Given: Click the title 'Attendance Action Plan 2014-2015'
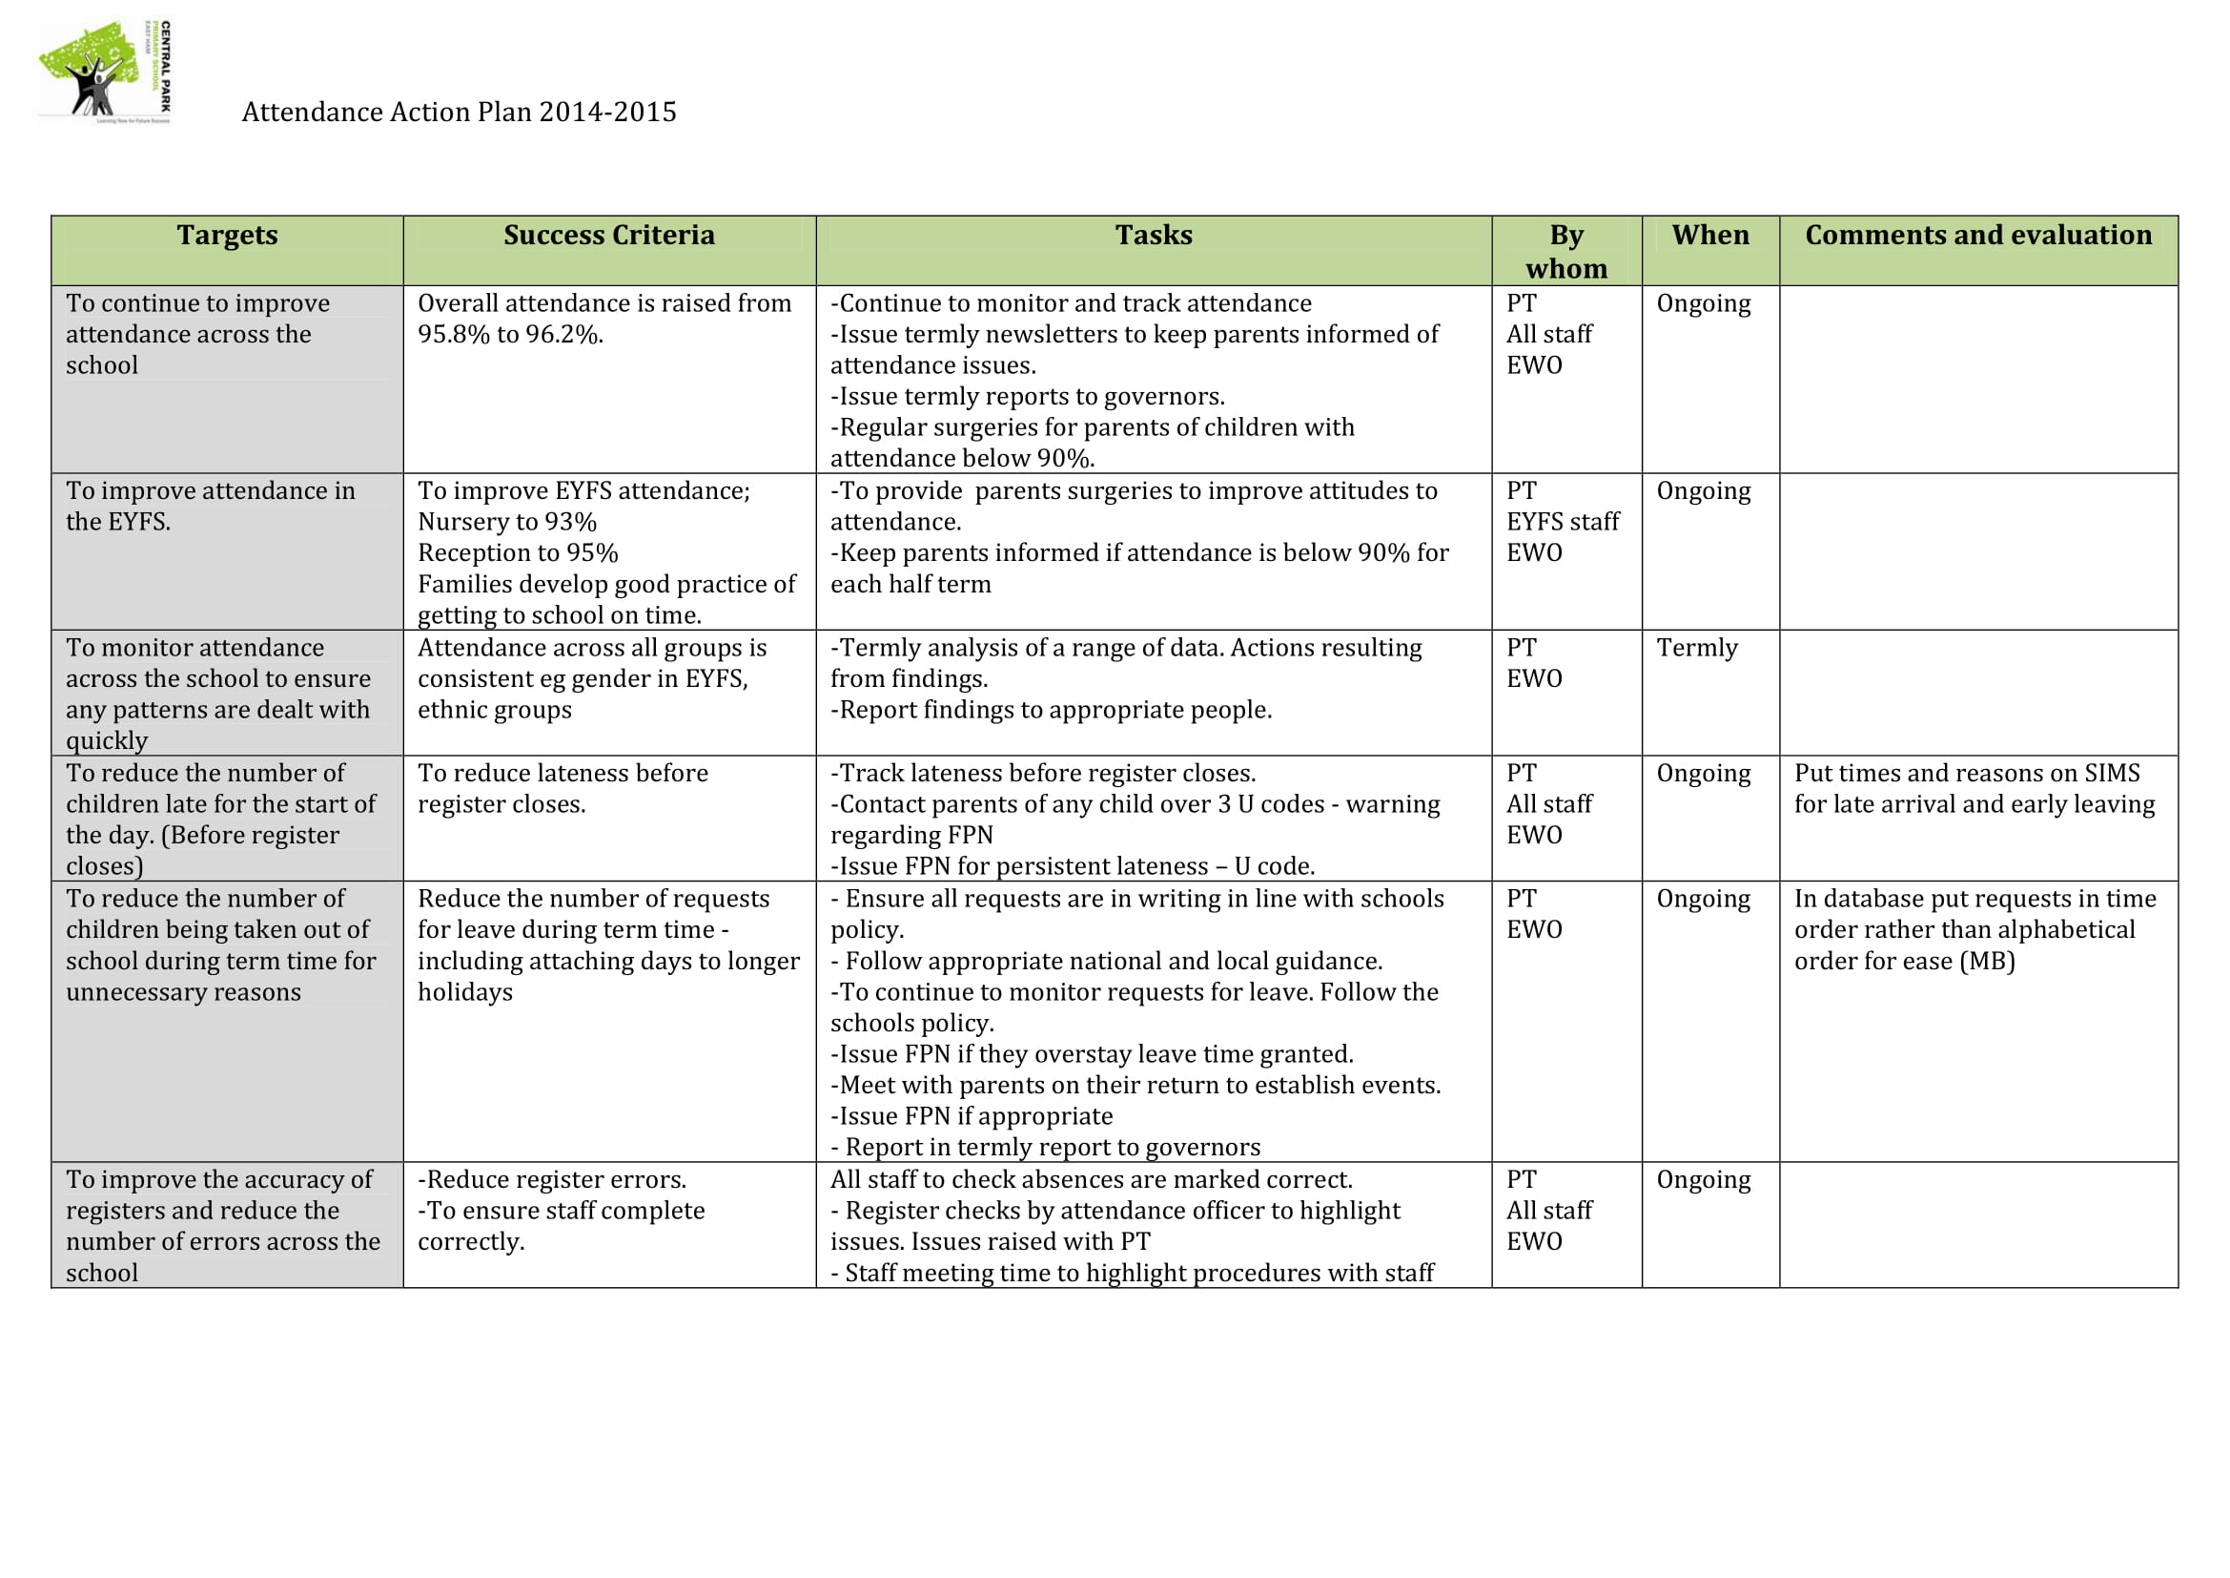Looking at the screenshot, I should pyautogui.click(x=459, y=112).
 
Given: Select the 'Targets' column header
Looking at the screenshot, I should pyautogui.click(x=227, y=235).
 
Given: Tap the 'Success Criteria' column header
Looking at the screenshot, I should pyautogui.click(x=609, y=235).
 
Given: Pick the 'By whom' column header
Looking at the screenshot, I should pyautogui.click(x=1565, y=251).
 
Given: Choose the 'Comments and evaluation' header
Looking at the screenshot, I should pyautogui.click(x=1977, y=235).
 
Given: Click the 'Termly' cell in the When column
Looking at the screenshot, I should pyautogui.click(x=1697, y=647).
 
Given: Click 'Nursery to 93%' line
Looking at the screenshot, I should pyautogui.click(x=507, y=522).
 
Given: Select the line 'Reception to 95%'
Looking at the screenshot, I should pyautogui.click(x=518, y=553).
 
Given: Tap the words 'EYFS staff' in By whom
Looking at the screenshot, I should pyautogui.click(x=1563, y=522).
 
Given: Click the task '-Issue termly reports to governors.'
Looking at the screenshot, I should pyautogui.click(x=1028, y=397).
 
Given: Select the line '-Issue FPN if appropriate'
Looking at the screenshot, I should pyautogui.click(x=972, y=1116).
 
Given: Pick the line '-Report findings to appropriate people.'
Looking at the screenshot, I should pyautogui.click(x=1051, y=711).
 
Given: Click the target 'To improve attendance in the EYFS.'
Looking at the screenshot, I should pyautogui.click(x=211, y=507).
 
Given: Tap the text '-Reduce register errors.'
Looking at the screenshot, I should pyautogui.click(x=552, y=1179).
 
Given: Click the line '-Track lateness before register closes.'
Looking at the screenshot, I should pyautogui.click(x=1043, y=774).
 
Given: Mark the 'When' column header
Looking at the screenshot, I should pyautogui.click(x=1710, y=235).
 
